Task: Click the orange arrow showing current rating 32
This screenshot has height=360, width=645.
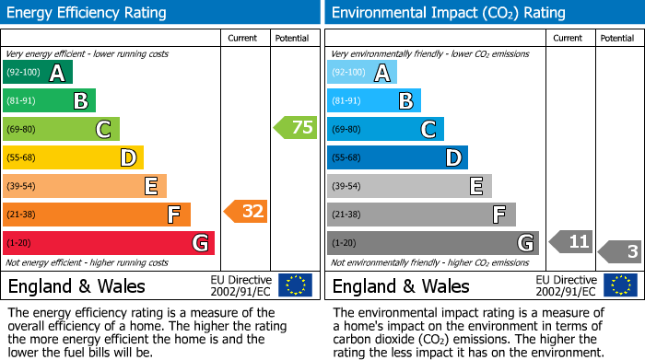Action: point(245,212)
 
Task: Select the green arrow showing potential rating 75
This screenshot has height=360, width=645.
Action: point(296,128)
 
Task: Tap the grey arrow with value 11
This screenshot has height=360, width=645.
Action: point(570,242)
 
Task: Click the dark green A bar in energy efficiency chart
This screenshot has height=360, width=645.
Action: point(37,73)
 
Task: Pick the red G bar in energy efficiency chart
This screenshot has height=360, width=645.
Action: point(108,243)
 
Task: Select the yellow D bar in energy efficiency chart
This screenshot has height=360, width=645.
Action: point(73,157)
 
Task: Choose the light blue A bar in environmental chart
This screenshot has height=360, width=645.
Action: point(362,73)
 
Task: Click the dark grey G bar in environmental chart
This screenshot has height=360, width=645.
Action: point(432,243)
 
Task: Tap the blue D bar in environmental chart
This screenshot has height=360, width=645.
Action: point(397,157)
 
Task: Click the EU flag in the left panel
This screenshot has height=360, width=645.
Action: point(295,285)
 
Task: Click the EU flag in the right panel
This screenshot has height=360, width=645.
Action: point(620,285)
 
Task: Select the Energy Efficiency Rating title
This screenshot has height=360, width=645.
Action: point(88,13)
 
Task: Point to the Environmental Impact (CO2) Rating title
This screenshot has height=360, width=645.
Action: point(448,13)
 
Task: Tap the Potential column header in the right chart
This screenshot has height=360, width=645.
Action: point(616,38)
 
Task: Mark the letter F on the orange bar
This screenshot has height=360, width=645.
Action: point(173,215)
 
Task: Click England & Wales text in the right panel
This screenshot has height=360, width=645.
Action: point(401,285)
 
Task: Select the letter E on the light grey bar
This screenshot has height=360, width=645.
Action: point(476,186)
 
